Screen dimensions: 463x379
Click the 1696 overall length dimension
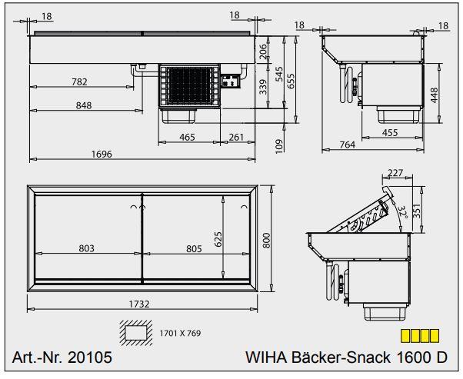[x=102, y=154]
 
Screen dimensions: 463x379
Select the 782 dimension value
[x=79, y=81]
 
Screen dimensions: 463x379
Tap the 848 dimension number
[x=84, y=105]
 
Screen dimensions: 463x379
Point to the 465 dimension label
[x=187, y=138]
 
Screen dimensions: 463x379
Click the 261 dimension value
[x=236, y=138]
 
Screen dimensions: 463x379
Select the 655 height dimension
[x=291, y=81]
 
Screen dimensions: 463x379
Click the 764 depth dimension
[x=348, y=145]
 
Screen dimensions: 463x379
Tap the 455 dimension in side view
[x=390, y=132]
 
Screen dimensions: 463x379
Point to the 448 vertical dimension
[x=434, y=95]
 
